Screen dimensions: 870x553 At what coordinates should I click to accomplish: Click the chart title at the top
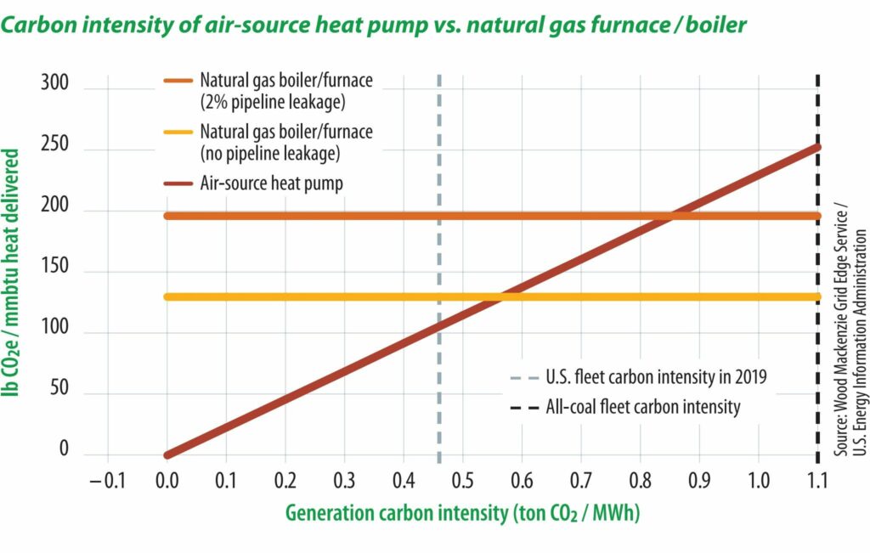click(x=374, y=25)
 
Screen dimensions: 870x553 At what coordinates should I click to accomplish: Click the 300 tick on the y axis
click(x=54, y=82)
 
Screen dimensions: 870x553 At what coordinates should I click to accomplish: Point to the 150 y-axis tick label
click(x=55, y=266)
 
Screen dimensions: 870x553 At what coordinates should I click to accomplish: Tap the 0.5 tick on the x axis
click(x=462, y=480)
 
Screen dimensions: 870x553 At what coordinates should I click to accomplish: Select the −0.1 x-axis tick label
click(x=108, y=480)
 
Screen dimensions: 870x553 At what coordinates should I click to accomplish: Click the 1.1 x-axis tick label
click(x=816, y=480)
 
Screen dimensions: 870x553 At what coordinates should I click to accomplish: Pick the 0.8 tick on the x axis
click(x=640, y=480)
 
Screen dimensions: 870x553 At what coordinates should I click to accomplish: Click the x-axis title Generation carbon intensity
click(x=463, y=513)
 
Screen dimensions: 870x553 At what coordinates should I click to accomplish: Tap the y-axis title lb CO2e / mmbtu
click(x=10, y=273)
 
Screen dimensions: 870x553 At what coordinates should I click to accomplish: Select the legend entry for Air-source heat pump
click(x=253, y=183)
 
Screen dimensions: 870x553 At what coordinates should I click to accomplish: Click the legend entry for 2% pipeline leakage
click(x=268, y=91)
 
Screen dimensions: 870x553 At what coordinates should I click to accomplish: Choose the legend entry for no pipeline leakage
click(x=268, y=143)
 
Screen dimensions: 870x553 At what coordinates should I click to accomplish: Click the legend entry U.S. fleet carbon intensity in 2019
click(x=639, y=377)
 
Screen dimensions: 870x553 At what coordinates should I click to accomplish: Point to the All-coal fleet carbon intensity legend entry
click(x=625, y=407)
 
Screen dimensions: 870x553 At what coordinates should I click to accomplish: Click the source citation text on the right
click(x=850, y=330)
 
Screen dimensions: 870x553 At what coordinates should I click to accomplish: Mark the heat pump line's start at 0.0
click(x=167, y=455)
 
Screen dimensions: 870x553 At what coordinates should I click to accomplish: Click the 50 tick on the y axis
click(x=59, y=387)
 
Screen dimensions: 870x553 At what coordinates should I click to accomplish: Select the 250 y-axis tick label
click(x=54, y=144)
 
